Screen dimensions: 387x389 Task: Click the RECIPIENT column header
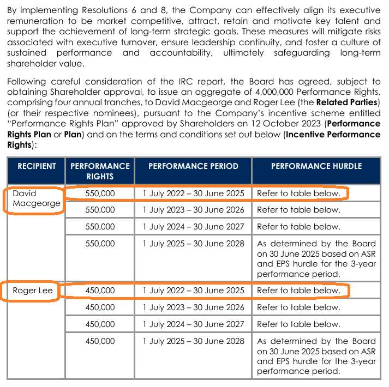[x=37, y=166]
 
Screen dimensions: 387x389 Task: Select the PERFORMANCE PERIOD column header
[x=193, y=166]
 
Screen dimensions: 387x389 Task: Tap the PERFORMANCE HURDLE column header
[x=316, y=166]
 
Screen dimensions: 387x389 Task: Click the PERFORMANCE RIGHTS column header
[x=100, y=171]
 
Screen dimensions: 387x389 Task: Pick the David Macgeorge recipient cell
[x=36, y=199]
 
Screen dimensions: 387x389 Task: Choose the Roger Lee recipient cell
[x=33, y=291]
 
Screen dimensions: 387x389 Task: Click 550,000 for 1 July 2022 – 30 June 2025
[x=100, y=193]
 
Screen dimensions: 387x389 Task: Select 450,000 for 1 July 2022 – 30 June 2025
[x=100, y=291]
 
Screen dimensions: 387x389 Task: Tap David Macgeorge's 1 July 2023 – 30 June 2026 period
[x=193, y=210]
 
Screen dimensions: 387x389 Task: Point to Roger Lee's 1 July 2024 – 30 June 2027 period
[x=193, y=324]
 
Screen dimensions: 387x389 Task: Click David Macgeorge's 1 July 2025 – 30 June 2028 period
[x=193, y=244]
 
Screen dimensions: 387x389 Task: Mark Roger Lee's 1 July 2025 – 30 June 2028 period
[x=193, y=341]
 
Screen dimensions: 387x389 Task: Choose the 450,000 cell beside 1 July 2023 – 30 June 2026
[x=100, y=307]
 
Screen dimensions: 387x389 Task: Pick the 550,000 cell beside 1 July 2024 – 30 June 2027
[x=100, y=227]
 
